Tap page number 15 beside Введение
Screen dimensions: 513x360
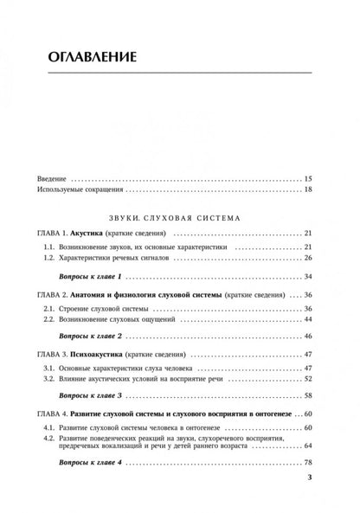pos(308,178)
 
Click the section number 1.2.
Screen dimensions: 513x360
pos(50,259)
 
